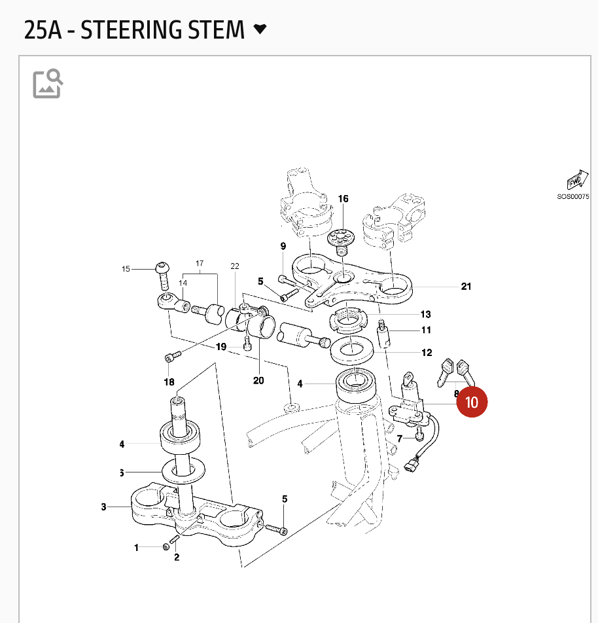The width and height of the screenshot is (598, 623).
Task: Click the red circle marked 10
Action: click(472, 401)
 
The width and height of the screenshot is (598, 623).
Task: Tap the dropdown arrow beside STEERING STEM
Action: click(260, 29)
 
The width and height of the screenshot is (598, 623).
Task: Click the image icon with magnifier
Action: click(48, 83)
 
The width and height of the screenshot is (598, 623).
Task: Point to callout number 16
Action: click(343, 199)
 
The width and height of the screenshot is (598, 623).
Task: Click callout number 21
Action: click(466, 287)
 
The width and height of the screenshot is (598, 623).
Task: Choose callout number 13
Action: click(426, 314)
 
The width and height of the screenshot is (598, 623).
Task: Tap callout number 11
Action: click(426, 330)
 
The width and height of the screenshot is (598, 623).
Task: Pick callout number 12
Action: click(427, 353)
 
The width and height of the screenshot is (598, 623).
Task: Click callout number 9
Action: click(283, 247)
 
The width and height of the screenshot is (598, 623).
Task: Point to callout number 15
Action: click(126, 268)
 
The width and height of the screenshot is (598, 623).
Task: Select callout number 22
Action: click(235, 266)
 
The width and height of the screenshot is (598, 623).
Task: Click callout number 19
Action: click(221, 347)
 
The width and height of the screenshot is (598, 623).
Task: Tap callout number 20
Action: click(258, 381)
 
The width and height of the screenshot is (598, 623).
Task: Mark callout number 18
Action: click(169, 382)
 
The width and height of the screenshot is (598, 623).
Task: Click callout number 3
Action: click(103, 507)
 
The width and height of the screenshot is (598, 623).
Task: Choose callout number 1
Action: click(136, 547)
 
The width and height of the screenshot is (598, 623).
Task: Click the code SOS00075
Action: click(573, 196)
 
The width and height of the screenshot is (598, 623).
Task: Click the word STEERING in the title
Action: click(163, 30)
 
